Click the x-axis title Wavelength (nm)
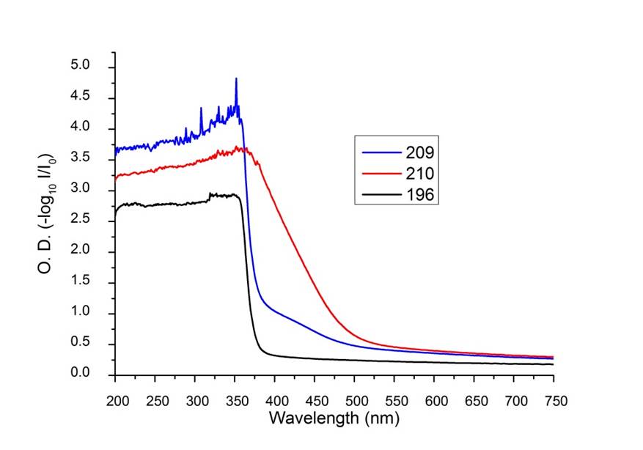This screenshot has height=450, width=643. (334, 418)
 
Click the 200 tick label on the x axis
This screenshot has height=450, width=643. (116, 401)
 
